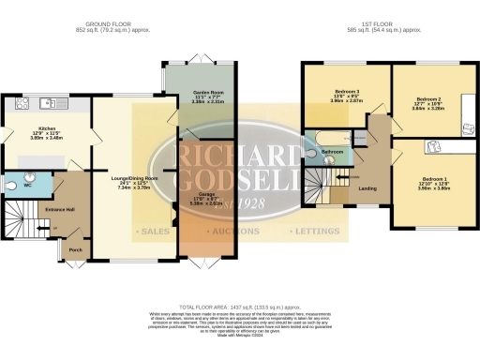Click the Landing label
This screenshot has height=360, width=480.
(x=367, y=187)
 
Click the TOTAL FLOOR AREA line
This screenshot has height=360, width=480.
(x=240, y=307)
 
